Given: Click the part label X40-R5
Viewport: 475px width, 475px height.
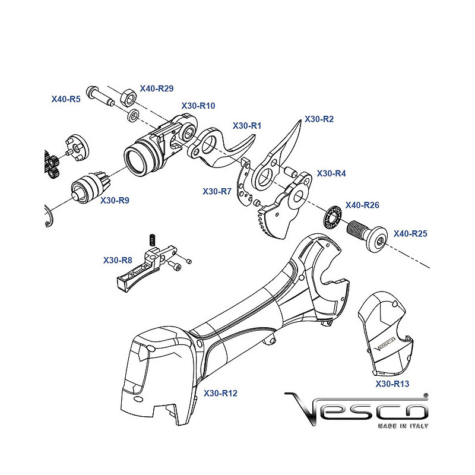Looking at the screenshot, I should coord(66,99).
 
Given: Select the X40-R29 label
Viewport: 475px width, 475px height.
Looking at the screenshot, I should coord(157,88).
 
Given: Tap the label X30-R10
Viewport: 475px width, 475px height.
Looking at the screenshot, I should coord(198,106).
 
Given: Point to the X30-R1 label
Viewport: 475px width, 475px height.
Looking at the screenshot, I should coord(247,126).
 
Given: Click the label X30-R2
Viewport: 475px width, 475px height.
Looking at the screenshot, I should coord(319,119).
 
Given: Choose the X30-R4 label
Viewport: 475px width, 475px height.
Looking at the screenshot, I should coord(331,173).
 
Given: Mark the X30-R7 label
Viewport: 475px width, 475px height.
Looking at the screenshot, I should coord(217,191).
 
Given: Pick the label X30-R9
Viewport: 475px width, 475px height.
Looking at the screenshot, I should coord(115,200).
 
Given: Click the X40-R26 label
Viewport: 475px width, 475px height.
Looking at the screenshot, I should coord(362,205).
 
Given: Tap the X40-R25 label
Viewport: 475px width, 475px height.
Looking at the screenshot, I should coord(410,233).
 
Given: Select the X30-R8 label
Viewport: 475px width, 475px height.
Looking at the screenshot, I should coord(118,260).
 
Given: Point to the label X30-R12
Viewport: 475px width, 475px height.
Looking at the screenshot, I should coord(220,393).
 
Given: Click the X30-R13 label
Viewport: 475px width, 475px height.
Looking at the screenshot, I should coord(392,384).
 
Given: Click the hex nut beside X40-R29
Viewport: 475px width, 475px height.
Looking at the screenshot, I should coord(126,97).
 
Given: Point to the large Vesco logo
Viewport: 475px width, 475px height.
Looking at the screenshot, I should coord(356,407).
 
